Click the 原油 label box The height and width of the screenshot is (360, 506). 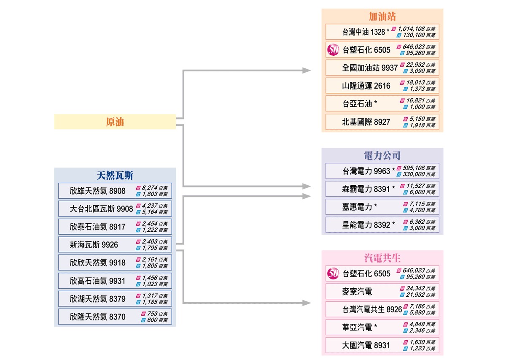[x=115, y=122]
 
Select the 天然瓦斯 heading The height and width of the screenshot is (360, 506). [x=115, y=175]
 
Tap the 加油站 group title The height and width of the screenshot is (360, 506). [x=382, y=17]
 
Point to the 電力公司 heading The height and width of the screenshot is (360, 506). [x=382, y=155]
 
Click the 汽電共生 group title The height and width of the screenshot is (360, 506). [x=382, y=258]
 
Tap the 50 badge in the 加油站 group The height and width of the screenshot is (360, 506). [x=333, y=50]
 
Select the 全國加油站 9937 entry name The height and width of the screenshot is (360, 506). [x=370, y=68]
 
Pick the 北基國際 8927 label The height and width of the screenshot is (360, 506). [x=366, y=122]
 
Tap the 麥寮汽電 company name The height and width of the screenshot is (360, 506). [x=357, y=292]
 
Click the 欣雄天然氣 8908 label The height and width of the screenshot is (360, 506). [x=97, y=191]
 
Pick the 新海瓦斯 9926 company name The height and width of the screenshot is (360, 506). [x=94, y=245]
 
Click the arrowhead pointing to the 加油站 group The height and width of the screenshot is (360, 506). [x=307, y=70]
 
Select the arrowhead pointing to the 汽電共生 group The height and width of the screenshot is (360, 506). [x=307, y=303]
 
